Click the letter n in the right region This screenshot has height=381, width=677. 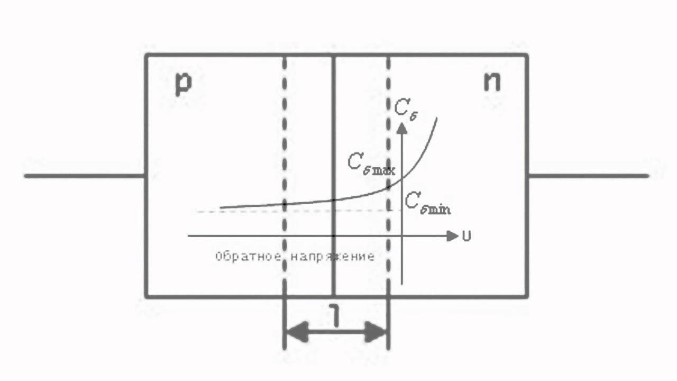click(492, 83)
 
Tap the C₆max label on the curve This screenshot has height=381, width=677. click(371, 164)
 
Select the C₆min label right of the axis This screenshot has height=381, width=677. click(427, 203)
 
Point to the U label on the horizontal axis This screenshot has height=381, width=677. click(466, 237)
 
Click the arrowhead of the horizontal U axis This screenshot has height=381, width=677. click(452, 236)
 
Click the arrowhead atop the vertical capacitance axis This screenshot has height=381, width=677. click(402, 128)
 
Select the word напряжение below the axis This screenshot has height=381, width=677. click(334, 257)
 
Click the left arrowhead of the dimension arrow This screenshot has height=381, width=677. click(294, 332)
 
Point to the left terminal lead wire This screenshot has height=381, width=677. click(85, 175)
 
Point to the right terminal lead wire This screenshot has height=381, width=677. click(587, 175)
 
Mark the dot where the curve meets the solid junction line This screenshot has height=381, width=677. click(334, 199)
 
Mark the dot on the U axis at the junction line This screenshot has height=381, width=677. click(334, 235)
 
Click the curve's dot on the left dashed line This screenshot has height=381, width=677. click(285, 203)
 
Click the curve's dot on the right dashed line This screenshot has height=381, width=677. click(389, 187)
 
